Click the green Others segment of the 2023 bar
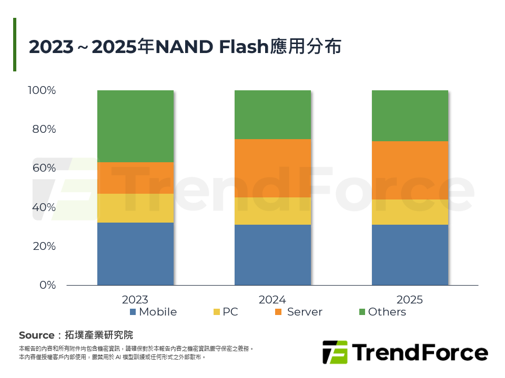(x=135, y=126)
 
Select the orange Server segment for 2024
(x=272, y=168)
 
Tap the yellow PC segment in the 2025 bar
(x=409, y=212)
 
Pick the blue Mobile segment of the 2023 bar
(x=135, y=254)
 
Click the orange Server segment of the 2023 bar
(x=135, y=178)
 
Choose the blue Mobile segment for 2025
(x=409, y=255)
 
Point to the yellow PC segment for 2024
(x=272, y=211)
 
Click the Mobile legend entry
(x=153, y=312)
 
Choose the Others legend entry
(x=382, y=312)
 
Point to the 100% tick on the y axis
(x=42, y=90)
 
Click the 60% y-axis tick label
(x=44, y=169)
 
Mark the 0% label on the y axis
(x=47, y=285)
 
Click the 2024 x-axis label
(x=272, y=300)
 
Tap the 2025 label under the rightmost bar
(x=409, y=300)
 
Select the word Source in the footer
(x=36, y=335)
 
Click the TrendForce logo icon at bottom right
(x=335, y=352)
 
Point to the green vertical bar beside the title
(x=15, y=45)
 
